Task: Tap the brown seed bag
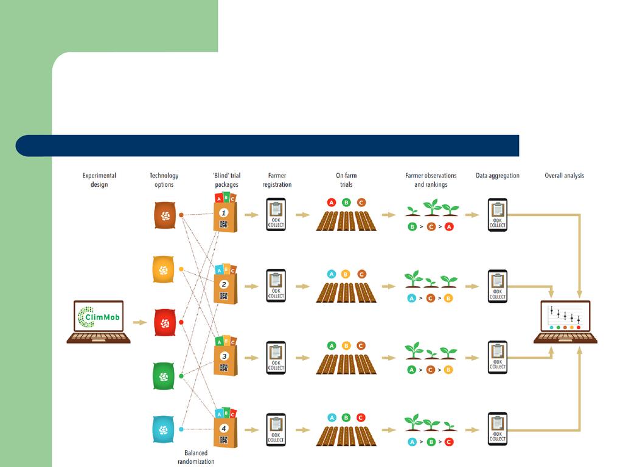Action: [x=164, y=215]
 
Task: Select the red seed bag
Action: [x=164, y=322]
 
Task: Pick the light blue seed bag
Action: [x=164, y=429]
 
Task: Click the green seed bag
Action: [x=164, y=376]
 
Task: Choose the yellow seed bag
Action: [x=164, y=269]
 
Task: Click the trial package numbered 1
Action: [x=224, y=215]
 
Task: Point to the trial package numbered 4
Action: [x=224, y=430]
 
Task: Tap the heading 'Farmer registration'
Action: [x=277, y=180]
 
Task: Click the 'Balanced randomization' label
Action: [x=196, y=457]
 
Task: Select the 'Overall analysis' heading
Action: [x=564, y=176]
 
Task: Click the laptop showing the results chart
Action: [x=565, y=321]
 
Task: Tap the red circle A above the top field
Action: [x=332, y=202]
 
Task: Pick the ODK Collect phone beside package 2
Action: [x=276, y=286]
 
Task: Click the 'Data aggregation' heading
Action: [x=498, y=176]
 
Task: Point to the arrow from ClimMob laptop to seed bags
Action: [x=140, y=323]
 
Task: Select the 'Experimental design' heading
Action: [x=99, y=180]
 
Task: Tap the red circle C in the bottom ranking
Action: [x=449, y=442]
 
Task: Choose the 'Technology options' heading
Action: [x=164, y=180]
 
